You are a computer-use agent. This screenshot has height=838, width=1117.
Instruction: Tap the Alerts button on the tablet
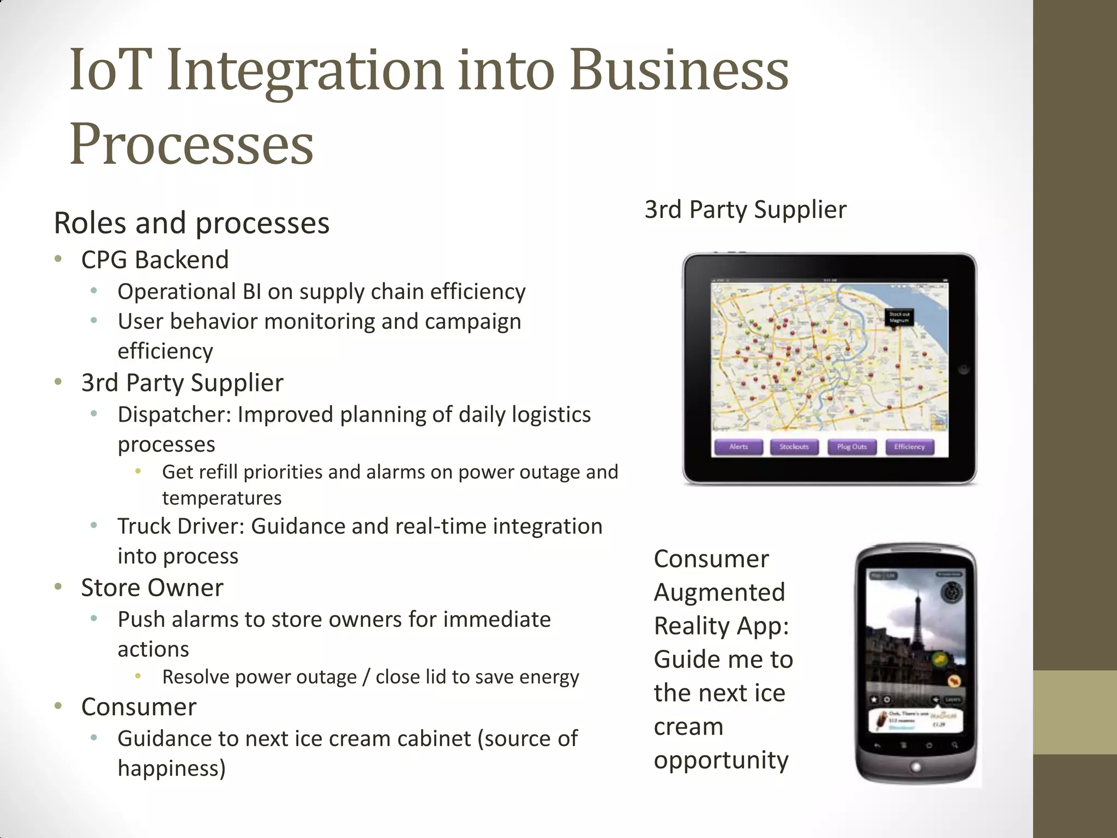click(x=738, y=447)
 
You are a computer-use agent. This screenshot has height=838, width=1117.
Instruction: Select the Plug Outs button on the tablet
click(x=851, y=447)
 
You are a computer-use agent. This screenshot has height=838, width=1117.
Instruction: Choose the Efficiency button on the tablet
click(x=909, y=447)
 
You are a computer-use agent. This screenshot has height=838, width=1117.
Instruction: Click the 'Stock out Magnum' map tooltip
click(x=899, y=317)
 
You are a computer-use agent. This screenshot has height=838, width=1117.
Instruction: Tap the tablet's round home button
click(x=964, y=369)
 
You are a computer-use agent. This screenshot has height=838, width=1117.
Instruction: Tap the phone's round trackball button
click(x=916, y=767)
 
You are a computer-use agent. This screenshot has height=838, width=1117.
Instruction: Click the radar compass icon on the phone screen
click(x=952, y=592)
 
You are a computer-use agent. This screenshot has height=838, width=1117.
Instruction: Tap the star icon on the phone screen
click(x=874, y=699)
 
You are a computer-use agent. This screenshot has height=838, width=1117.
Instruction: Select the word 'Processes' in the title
click(x=191, y=144)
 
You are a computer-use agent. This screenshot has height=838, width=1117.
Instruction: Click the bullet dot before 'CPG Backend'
click(x=58, y=259)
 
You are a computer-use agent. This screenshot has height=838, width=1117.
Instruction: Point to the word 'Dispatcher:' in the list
click(x=175, y=415)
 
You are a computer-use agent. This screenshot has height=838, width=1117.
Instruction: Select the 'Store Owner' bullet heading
click(x=152, y=588)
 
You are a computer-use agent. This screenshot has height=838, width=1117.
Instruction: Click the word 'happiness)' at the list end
click(x=171, y=768)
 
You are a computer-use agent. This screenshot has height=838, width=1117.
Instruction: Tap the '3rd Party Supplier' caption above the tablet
click(x=745, y=209)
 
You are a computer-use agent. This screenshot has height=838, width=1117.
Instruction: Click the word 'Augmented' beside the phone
click(x=719, y=592)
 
